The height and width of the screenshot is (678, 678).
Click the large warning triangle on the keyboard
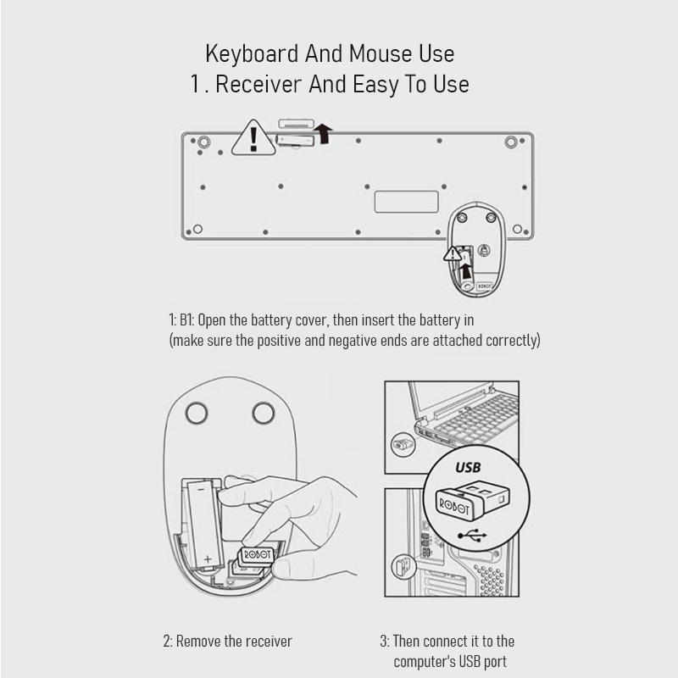[253, 139]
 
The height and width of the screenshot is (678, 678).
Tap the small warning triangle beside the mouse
[453, 253]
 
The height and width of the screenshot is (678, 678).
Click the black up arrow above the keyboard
[323, 133]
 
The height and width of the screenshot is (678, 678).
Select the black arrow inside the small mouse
[465, 271]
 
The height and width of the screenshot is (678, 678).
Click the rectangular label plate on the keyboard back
[407, 202]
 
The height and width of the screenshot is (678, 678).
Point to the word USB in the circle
[468, 468]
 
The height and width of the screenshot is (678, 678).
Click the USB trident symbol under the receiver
[472, 536]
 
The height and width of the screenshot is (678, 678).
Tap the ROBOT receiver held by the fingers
[257, 556]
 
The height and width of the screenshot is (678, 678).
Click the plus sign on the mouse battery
[208, 559]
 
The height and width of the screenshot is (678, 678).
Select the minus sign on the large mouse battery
[202, 489]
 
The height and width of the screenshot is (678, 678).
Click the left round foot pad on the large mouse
[197, 413]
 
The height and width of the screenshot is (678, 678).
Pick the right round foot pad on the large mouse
[264, 413]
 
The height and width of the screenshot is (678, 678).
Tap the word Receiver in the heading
[258, 84]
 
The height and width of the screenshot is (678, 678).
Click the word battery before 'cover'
[271, 320]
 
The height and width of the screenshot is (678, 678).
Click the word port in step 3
[495, 663]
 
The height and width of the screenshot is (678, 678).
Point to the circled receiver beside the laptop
[403, 444]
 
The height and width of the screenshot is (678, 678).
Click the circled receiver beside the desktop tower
[403, 566]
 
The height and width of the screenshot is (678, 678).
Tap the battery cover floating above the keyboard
[296, 124]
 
